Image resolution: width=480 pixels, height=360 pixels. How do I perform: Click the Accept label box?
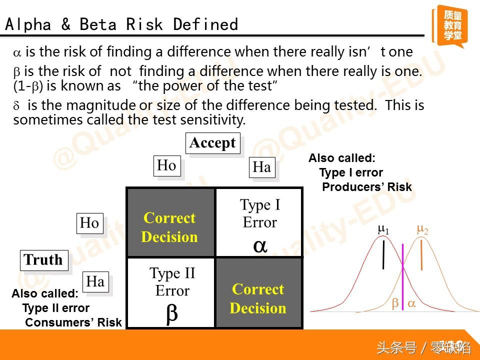pos(213,143)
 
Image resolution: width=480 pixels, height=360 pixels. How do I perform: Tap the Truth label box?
pos(44,260)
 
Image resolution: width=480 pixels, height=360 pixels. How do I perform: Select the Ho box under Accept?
pos(167,166)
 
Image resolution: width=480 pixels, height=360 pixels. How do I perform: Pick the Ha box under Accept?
pos(262,167)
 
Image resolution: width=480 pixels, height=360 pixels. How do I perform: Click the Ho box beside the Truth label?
pos(89,223)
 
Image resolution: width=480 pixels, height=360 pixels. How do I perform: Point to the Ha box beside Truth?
pos(95,282)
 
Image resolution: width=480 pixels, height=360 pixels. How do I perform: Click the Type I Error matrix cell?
pos(259,222)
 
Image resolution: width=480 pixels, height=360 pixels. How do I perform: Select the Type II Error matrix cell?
pos(171,292)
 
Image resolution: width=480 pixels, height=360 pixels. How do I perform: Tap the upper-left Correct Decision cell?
pos(171,222)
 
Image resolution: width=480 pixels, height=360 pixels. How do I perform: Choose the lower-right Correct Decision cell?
pos(259,292)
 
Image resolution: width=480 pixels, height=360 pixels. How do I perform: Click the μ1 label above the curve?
pos(383,229)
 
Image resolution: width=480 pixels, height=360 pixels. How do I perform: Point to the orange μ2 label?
pos(422,229)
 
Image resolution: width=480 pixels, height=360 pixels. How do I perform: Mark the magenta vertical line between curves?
pos(402,276)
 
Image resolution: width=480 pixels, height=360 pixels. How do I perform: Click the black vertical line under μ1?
pos(383,254)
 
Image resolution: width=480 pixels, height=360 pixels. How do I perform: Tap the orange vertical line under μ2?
pos(422,254)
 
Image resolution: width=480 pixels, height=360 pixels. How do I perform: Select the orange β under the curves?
pos(395,303)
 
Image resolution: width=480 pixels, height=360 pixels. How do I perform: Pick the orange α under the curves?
pos(411,303)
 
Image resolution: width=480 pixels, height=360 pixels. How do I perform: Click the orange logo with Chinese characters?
pos(450,25)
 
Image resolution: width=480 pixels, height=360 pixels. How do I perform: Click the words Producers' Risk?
pos(367,186)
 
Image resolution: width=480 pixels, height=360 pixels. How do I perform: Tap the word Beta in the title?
pos(98,24)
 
